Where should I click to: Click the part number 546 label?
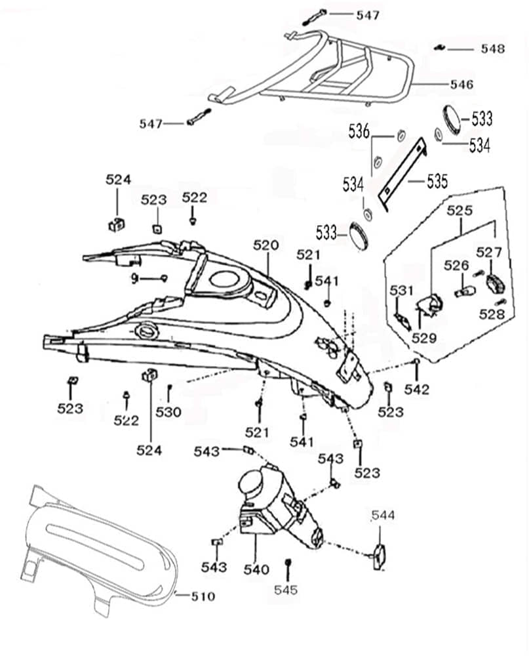461,85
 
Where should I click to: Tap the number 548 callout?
492,49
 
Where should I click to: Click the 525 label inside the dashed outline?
460,211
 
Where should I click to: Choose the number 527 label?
489,252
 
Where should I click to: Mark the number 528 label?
492,314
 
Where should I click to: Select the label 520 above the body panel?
266,245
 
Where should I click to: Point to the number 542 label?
417,389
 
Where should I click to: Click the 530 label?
168,412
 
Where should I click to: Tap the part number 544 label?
383,516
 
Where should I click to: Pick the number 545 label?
287,590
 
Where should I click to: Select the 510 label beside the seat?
203,596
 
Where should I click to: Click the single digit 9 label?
134,279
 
